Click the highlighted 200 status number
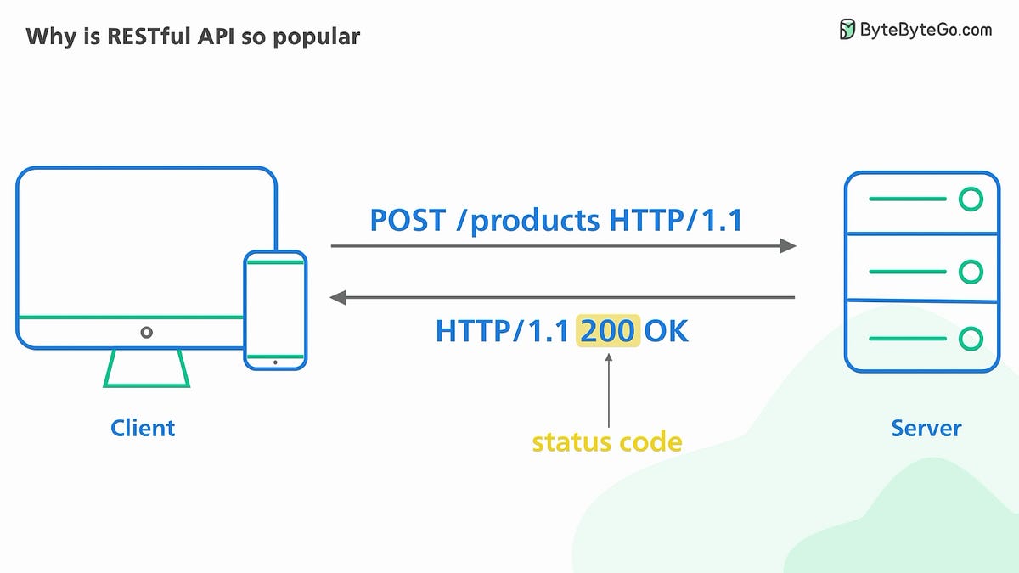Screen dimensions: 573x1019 click(608, 331)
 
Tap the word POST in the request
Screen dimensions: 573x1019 click(407, 221)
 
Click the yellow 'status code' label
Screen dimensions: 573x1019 click(606, 442)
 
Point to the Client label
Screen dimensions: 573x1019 click(143, 427)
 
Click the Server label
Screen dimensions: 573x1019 click(926, 427)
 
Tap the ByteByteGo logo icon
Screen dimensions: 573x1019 click(847, 30)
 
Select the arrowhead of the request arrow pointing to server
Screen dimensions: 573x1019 click(788, 246)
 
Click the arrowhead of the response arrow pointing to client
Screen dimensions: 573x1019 click(338, 297)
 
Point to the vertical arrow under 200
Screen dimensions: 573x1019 click(608, 390)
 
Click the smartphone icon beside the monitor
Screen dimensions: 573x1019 click(275, 310)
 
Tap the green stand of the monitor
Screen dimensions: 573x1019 click(146, 368)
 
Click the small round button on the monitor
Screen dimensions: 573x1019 click(146, 333)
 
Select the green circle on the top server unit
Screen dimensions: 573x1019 click(970, 200)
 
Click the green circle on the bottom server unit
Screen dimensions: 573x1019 click(970, 340)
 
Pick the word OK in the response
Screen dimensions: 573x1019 click(666, 331)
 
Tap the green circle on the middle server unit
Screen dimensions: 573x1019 click(970, 272)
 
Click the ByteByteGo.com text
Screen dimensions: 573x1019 click(926, 30)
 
